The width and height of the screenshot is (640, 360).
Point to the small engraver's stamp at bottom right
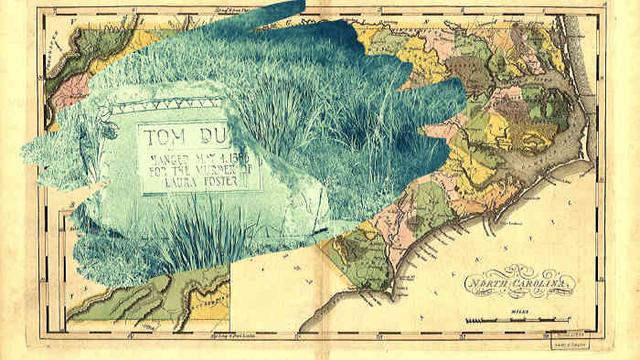pos(569,344)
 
